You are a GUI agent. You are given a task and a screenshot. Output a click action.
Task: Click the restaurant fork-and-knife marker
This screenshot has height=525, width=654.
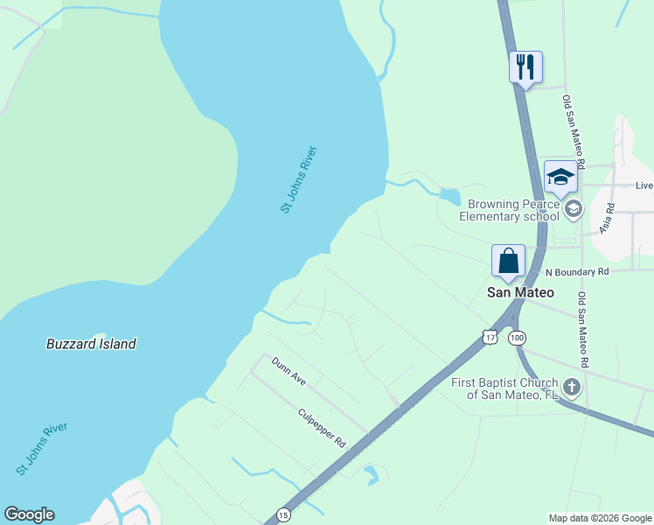525,66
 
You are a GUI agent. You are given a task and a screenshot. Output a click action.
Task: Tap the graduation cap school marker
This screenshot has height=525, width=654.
560,177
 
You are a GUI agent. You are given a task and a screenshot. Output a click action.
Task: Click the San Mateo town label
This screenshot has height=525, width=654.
520,293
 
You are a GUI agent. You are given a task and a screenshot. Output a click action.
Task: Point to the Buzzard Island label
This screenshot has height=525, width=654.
91,344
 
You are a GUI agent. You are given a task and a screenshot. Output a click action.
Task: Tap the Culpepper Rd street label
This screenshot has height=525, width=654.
322,428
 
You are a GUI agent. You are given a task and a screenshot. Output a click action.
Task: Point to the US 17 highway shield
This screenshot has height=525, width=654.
489,337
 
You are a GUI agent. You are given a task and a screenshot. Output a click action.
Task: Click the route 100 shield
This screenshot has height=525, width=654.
517,337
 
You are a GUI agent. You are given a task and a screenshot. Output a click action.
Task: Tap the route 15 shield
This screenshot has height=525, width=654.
282,514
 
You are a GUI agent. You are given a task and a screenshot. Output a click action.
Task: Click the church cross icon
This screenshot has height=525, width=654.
572,387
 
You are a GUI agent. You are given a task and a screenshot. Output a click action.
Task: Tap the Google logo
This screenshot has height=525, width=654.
29,514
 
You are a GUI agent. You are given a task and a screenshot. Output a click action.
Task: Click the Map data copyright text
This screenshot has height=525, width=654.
599,518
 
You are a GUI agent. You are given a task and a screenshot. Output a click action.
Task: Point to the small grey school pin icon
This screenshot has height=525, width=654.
574,208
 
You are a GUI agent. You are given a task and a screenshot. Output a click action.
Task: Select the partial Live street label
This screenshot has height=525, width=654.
644,185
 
